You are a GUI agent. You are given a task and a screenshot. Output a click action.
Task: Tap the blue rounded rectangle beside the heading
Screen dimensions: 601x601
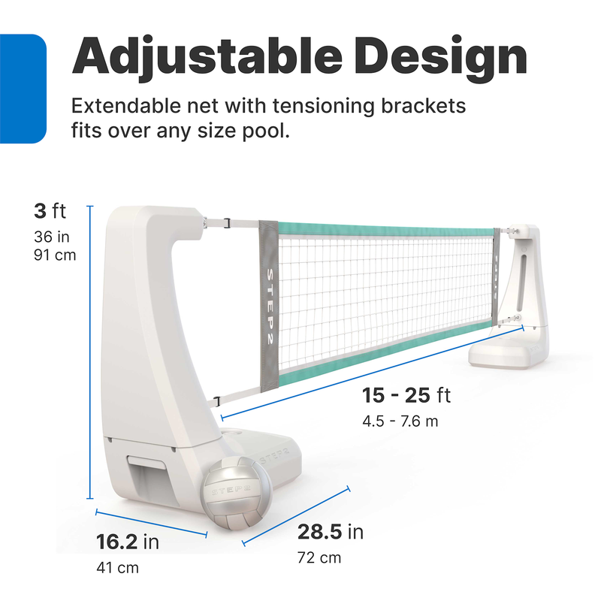(23, 89)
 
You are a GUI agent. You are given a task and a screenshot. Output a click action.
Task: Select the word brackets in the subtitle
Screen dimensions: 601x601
(424, 106)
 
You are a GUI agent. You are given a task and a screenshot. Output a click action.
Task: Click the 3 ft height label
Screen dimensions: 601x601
(50, 211)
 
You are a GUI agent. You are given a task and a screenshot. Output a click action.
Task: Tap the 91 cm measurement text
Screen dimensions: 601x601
(55, 255)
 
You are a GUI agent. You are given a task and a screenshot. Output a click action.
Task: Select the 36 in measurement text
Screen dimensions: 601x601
(52, 237)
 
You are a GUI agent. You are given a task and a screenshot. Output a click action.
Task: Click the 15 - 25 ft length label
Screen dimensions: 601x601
(406, 395)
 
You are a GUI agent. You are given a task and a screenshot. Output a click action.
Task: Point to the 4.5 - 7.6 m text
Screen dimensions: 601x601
(400, 421)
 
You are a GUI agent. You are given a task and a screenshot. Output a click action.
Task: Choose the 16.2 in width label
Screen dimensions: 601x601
(128, 542)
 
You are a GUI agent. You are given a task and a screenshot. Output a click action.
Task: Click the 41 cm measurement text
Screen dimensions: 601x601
(118, 568)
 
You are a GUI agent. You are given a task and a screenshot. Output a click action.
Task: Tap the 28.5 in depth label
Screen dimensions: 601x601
(331, 532)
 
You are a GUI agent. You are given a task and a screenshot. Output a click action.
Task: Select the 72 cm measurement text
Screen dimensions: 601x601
(319, 557)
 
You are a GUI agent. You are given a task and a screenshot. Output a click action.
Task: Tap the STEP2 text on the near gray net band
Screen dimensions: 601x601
(270, 307)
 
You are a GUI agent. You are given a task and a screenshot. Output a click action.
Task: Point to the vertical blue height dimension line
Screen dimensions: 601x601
(90, 352)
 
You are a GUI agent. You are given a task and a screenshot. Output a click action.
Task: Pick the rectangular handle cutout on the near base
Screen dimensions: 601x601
(147, 462)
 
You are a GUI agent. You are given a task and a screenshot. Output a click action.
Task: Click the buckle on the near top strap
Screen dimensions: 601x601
(227, 222)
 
